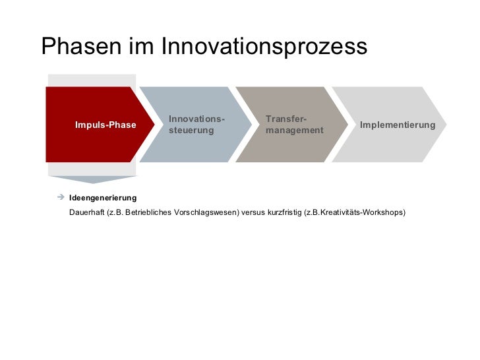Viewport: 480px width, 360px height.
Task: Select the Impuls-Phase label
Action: coord(105,125)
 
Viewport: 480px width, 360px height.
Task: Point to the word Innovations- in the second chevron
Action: coord(196,119)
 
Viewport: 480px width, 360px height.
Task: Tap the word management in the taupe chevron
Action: coord(295,131)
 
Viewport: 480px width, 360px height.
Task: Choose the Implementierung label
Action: coord(398,125)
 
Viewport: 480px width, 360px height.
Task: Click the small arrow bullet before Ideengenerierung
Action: coord(59,197)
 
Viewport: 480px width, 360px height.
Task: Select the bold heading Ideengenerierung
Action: coord(103,198)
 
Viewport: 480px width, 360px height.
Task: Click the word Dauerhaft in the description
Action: coord(86,213)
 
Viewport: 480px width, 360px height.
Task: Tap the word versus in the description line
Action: coord(254,213)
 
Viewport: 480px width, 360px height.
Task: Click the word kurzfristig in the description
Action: coord(285,213)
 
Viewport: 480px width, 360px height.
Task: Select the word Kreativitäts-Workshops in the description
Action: coord(363,213)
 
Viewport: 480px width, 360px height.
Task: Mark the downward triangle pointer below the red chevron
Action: coord(92,179)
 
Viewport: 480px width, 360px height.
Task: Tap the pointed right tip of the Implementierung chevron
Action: coord(445,124)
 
